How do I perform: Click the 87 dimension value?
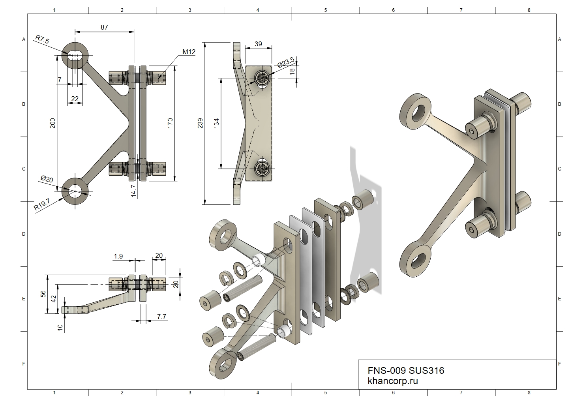[x=104, y=27]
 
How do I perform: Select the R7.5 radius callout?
[x=42, y=39]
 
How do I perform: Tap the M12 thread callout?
[x=189, y=52]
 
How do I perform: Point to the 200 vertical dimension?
[x=52, y=123]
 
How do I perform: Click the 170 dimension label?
[x=170, y=123]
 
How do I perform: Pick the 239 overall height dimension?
[x=200, y=123]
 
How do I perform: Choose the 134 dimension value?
[x=216, y=123]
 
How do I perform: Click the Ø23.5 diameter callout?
[x=286, y=62]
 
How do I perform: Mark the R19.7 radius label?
[x=42, y=204]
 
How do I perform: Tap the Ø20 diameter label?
[x=47, y=179]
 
